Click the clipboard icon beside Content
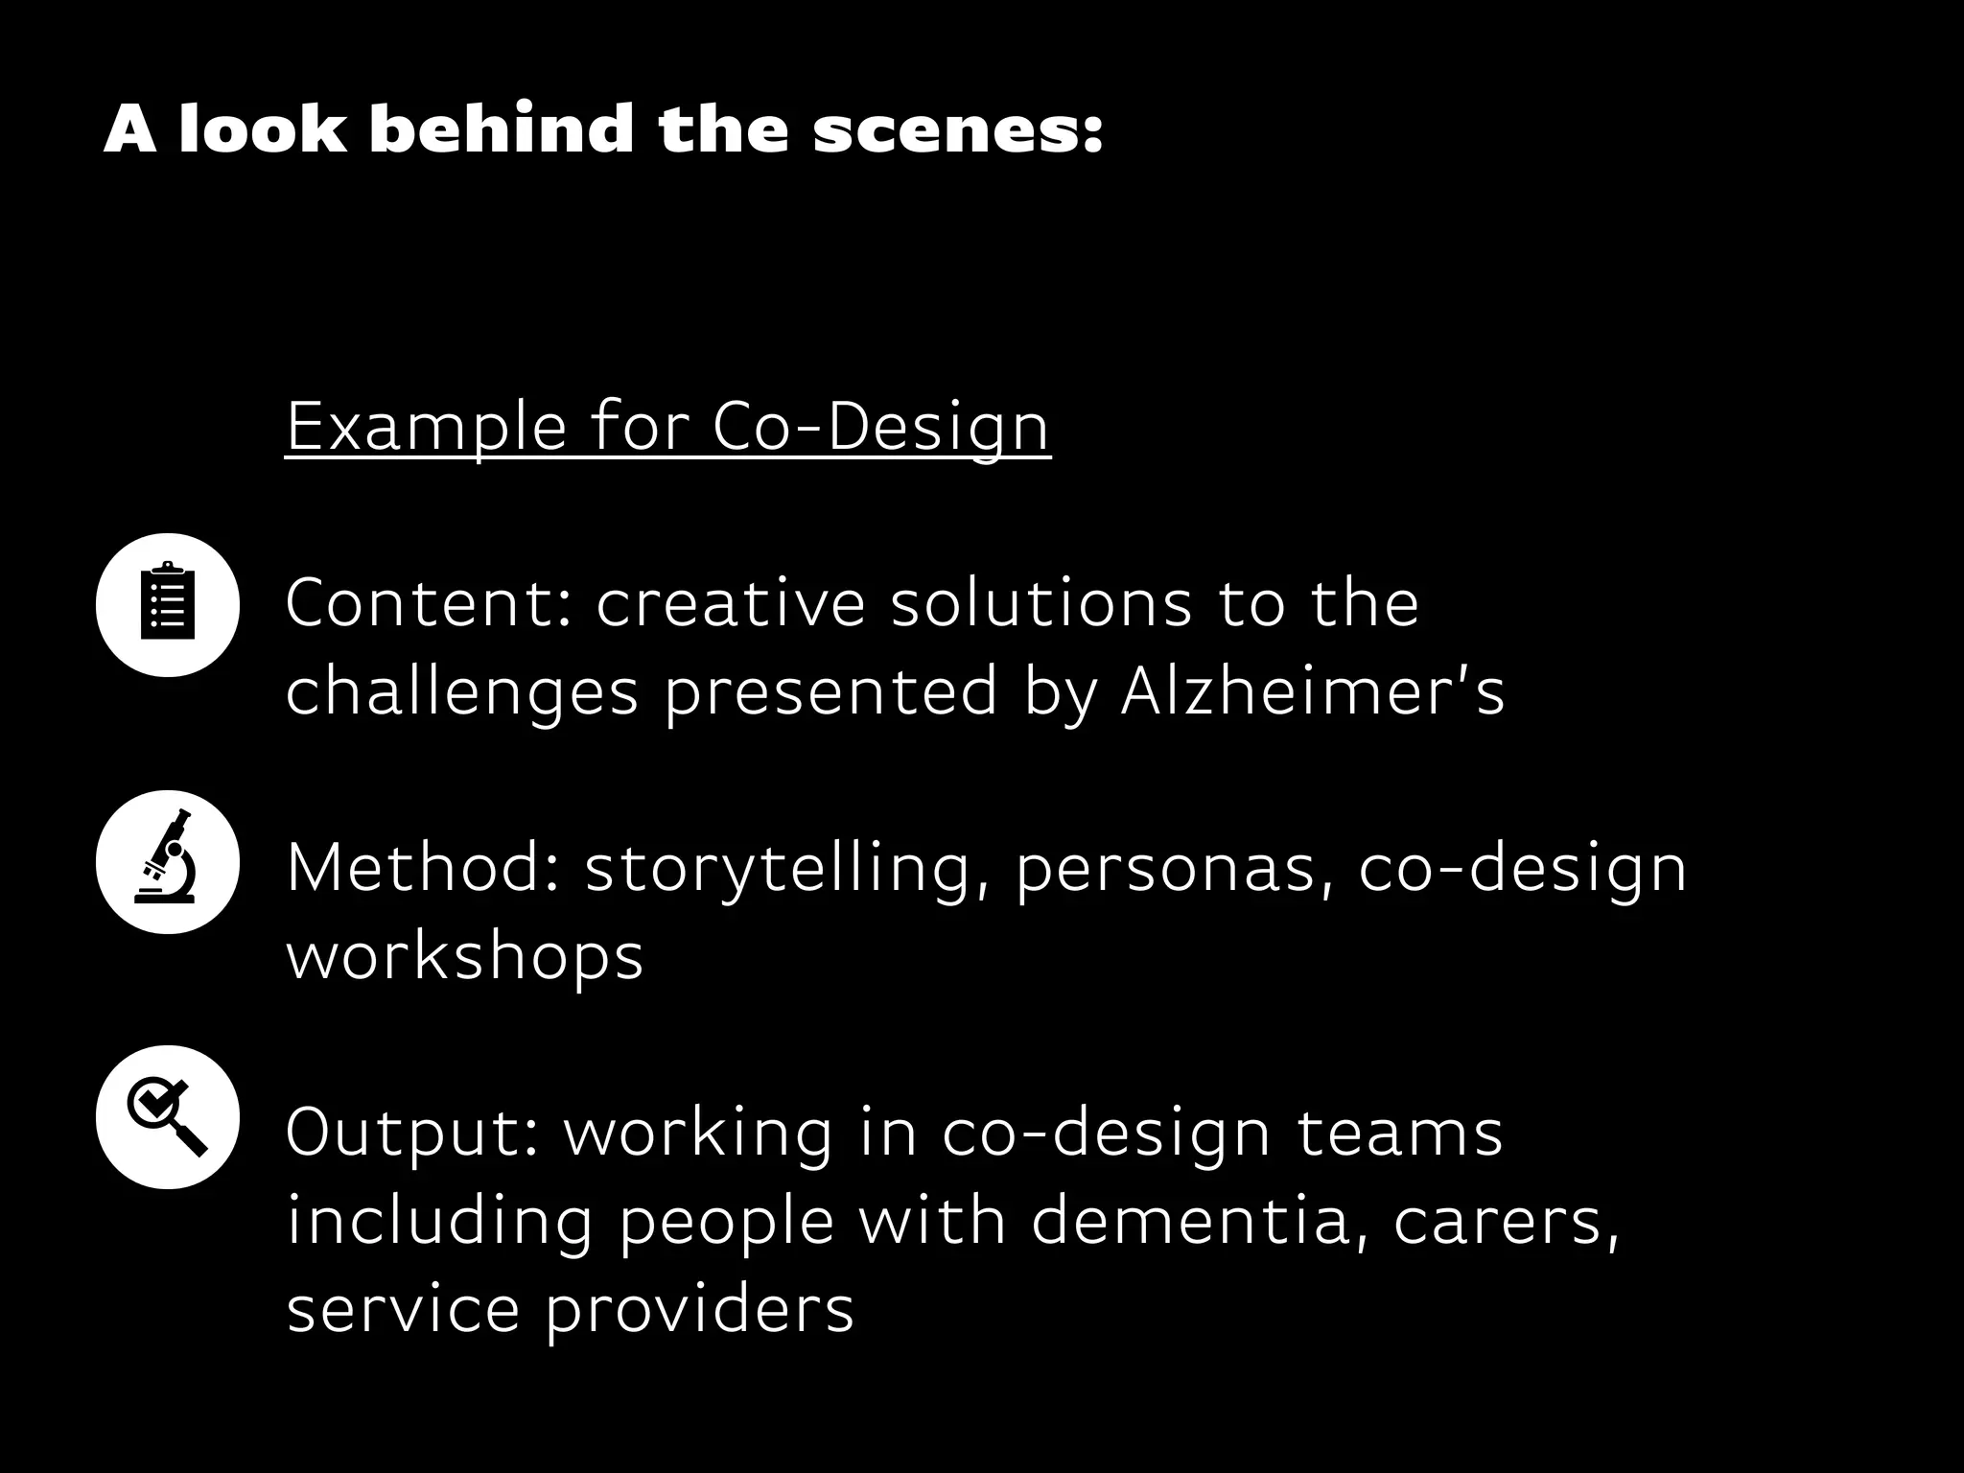(x=168, y=605)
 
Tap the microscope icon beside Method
(x=168, y=862)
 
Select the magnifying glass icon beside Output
(x=168, y=1117)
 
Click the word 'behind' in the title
(x=502, y=129)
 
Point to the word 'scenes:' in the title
(x=958, y=130)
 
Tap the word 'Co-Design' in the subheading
(x=881, y=428)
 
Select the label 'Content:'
(x=429, y=603)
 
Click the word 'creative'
(x=730, y=603)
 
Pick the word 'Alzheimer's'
(x=1313, y=691)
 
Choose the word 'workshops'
(x=465, y=956)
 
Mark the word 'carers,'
(x=1506, y=1223)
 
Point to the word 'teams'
(x=1399, y=1134)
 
